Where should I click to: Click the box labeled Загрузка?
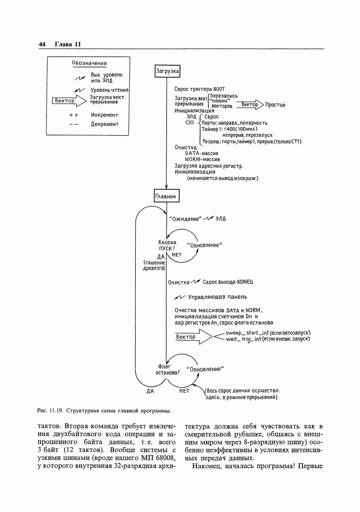tap(167, 71)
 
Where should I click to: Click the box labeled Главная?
tap(166, 196)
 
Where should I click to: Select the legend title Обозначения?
tap(89, 63)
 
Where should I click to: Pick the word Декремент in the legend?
tap(104, 124)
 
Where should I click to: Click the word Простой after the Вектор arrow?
tap(275, 105)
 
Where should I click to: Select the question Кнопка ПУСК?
tap(167, 245)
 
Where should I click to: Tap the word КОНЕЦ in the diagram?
tap(245, 282)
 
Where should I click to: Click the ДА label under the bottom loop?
tap(150, 391)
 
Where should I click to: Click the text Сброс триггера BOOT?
tap(199, 89)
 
